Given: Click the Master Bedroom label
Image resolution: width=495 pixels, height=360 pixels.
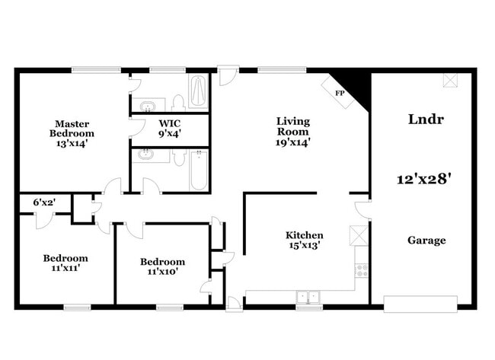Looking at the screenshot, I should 72,128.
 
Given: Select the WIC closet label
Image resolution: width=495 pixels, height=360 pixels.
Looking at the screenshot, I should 169,123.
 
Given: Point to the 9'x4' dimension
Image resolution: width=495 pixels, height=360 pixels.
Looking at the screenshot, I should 169,134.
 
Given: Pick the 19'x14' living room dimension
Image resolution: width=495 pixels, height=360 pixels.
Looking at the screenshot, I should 292,142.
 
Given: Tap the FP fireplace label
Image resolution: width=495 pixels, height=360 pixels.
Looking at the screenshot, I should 339,92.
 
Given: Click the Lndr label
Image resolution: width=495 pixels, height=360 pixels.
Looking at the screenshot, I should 426,119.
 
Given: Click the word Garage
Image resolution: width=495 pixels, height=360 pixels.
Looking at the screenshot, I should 426,241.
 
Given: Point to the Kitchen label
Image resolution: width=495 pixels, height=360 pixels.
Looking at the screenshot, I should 304,235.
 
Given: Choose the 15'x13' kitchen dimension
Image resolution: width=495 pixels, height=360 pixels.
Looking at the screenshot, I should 304,246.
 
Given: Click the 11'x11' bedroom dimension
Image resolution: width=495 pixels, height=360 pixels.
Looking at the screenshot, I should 65,268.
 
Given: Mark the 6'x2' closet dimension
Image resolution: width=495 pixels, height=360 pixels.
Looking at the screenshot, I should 43,202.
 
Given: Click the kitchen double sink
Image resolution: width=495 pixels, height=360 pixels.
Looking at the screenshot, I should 308,296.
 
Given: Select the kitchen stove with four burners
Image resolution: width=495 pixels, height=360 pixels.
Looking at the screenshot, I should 361,269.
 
